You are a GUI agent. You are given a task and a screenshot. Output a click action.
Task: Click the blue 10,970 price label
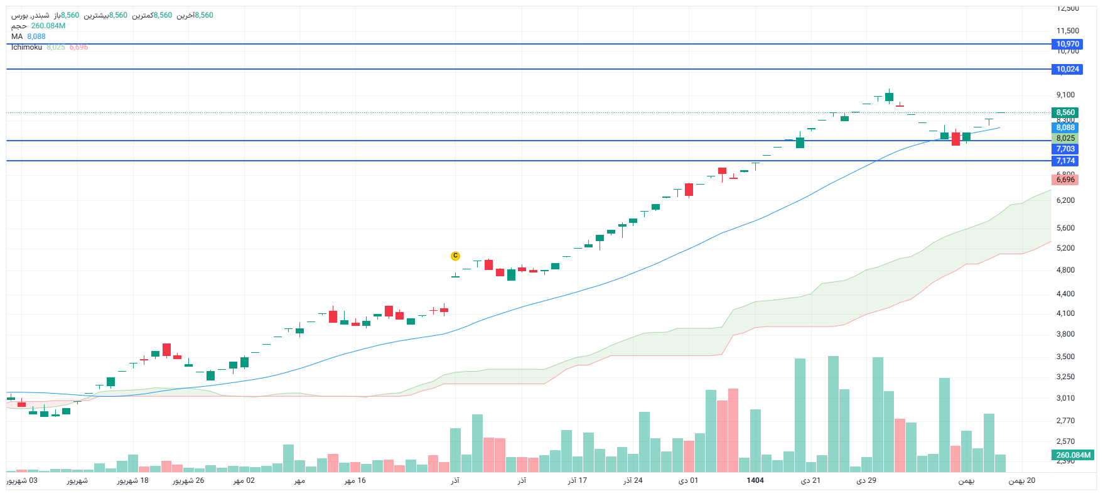click(x=1067, y=44)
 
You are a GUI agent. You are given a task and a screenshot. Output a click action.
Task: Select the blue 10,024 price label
click(x=1067, y=69)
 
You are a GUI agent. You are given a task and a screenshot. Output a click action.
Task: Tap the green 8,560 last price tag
click(x=1065, y=112)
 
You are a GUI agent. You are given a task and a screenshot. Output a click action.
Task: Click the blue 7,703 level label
click(x=1065, y=149)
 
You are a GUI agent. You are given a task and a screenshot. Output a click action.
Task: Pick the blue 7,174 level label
click(x=1065, y=161)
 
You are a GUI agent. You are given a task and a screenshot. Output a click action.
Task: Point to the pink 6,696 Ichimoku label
click(x=1065, y=180)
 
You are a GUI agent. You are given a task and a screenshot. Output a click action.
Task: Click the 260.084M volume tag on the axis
click(x=1073, y=455)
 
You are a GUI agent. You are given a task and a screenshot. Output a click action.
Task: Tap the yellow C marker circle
click(x=455, y=256)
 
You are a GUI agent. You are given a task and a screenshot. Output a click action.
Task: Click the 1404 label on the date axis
click(x=755, y=480)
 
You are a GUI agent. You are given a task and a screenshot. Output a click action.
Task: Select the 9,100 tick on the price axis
click(x=1065, y=95)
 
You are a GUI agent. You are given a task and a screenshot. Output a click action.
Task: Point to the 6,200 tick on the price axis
click(x=1065, y=200)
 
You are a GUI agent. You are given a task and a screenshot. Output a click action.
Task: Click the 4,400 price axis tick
click(x=1065, y=294)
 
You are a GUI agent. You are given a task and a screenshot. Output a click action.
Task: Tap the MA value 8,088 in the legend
click(x=36, y=36)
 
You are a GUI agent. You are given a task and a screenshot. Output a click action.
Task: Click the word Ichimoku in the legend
click(x=26, y=47)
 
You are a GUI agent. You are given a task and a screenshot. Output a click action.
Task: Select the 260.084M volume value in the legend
click(x=48, y=26)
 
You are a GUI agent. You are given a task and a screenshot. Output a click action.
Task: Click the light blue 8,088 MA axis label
click(x=1065, y=127)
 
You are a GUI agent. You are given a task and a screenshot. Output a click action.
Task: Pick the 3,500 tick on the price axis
click(x=1065, y=357)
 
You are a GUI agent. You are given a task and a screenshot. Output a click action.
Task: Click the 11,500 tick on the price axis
click(x=1067, y=31)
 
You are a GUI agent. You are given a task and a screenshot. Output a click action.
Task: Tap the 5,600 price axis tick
click(x=1065, y=228)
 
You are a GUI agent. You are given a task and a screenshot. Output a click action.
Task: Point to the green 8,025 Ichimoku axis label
click(x=1065, y=138)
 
